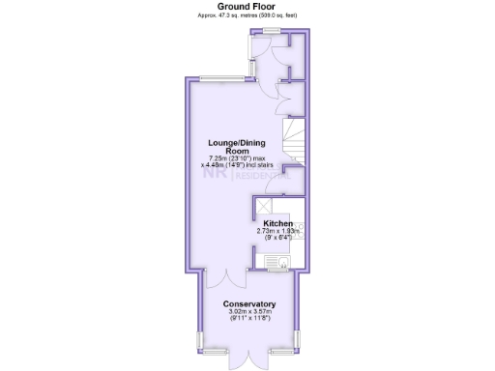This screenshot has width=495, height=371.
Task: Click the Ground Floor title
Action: click(247, 6)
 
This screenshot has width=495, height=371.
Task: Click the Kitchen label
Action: click(278, 224)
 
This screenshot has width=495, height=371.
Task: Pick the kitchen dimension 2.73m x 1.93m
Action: click(278, 234)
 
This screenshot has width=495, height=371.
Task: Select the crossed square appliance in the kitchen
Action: click(264, 205)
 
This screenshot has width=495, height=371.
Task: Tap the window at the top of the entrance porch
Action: click(267, 31)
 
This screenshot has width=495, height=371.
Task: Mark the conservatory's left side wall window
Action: click(201, 340)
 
